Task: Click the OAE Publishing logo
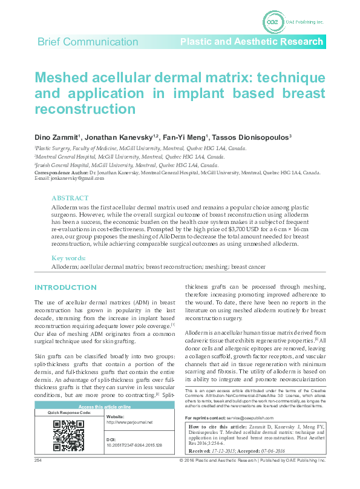[x=273, y=22]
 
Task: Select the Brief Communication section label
[x=88, y=42]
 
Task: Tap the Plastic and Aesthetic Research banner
[x=252, y=42]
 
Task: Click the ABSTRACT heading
[x=70, y=198]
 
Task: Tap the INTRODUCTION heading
[x=65, y=287]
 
